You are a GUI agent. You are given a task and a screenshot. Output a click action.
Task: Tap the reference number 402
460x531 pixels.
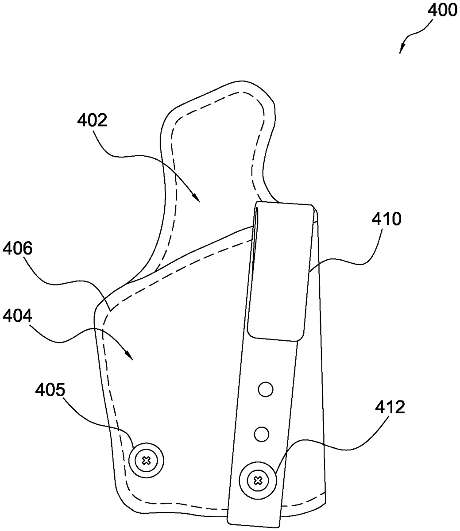click(x=92, y=120)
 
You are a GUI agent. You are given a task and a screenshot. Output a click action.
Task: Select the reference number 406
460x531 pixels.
click(x=17, y=249)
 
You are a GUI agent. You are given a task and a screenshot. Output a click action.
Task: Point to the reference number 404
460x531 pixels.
click(x=17, y=316)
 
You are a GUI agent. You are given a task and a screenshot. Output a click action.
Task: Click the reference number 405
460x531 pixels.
click(x=50, y=390)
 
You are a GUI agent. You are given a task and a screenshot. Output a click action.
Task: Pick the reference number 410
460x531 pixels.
click(x=386, y=219)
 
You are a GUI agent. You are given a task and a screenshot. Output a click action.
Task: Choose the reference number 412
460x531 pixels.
click(x=390, y=407)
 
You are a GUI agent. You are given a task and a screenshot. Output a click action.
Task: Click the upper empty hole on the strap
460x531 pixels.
click(x=266, y=390)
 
